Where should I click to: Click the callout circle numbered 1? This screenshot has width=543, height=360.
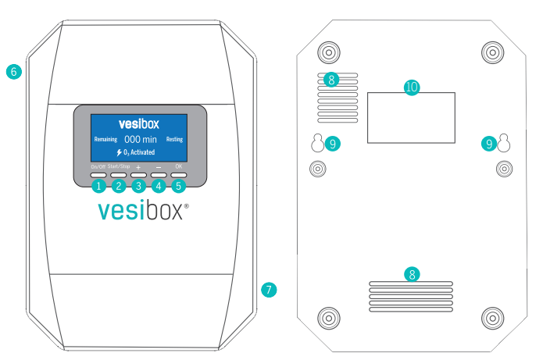(x=98, y=186)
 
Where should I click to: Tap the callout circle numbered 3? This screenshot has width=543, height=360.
(x=138, y=186)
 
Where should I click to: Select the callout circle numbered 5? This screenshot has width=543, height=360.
(x=179, y=186)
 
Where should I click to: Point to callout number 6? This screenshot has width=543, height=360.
(x=14, y=72)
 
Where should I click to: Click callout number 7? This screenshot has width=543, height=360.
(x=269, y=290)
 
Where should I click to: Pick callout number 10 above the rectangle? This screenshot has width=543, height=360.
(x=412, y=87)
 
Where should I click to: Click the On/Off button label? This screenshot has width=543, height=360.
(x=98, y=167)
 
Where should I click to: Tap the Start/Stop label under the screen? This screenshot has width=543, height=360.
(x=119, y=166)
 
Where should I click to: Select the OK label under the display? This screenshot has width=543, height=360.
(x=179, y=166)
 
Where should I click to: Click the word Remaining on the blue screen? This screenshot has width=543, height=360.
(x=105, y=140)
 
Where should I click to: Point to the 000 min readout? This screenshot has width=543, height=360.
(x=141, y=140)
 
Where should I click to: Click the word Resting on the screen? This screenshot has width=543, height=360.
(x=174, y=139)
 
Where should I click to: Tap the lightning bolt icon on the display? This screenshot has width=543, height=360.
(x=119, y=152)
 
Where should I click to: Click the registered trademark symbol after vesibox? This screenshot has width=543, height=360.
(x=187, y=206)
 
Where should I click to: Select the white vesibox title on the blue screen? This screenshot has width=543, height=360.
(x=139, y=124)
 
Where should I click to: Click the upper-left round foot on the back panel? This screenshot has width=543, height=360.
(x=329, y=52)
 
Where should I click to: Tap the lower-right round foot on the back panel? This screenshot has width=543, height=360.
(x=493, y=318)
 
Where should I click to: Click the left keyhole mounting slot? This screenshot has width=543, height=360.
(x=317, y=143)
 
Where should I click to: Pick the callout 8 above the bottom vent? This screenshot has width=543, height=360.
(x=412, y=275)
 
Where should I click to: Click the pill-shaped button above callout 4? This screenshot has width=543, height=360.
(x=159, y=175)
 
